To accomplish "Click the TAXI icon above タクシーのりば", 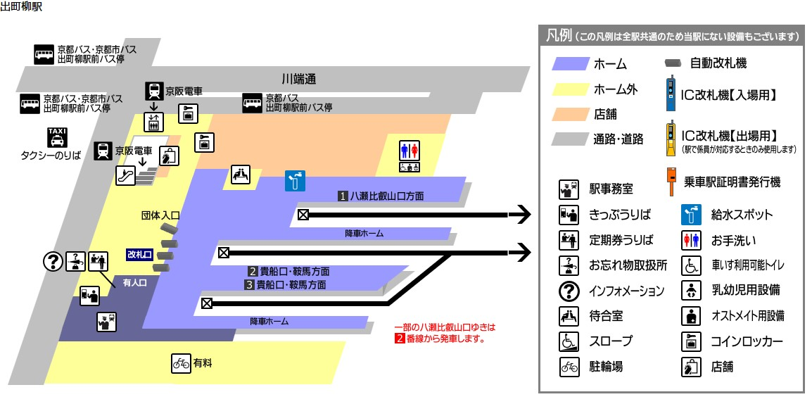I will click(x=56, y=136).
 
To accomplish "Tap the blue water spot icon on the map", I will click(x=295, y=181).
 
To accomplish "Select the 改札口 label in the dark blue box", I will click(x=139, y=254).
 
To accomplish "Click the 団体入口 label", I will click(x=160, y=215).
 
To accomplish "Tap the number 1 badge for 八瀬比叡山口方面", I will click(x=343, y=196).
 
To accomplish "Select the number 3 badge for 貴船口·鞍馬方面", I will click(x=249, y=285).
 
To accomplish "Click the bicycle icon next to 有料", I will click(x=182, y=363).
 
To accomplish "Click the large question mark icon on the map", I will click(x=53, y=261).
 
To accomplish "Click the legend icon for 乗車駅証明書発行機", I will click(x=671, y=182).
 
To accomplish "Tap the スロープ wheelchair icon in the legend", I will click(x=568, y=341).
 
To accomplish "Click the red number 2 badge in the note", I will click(x=399, y=339).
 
